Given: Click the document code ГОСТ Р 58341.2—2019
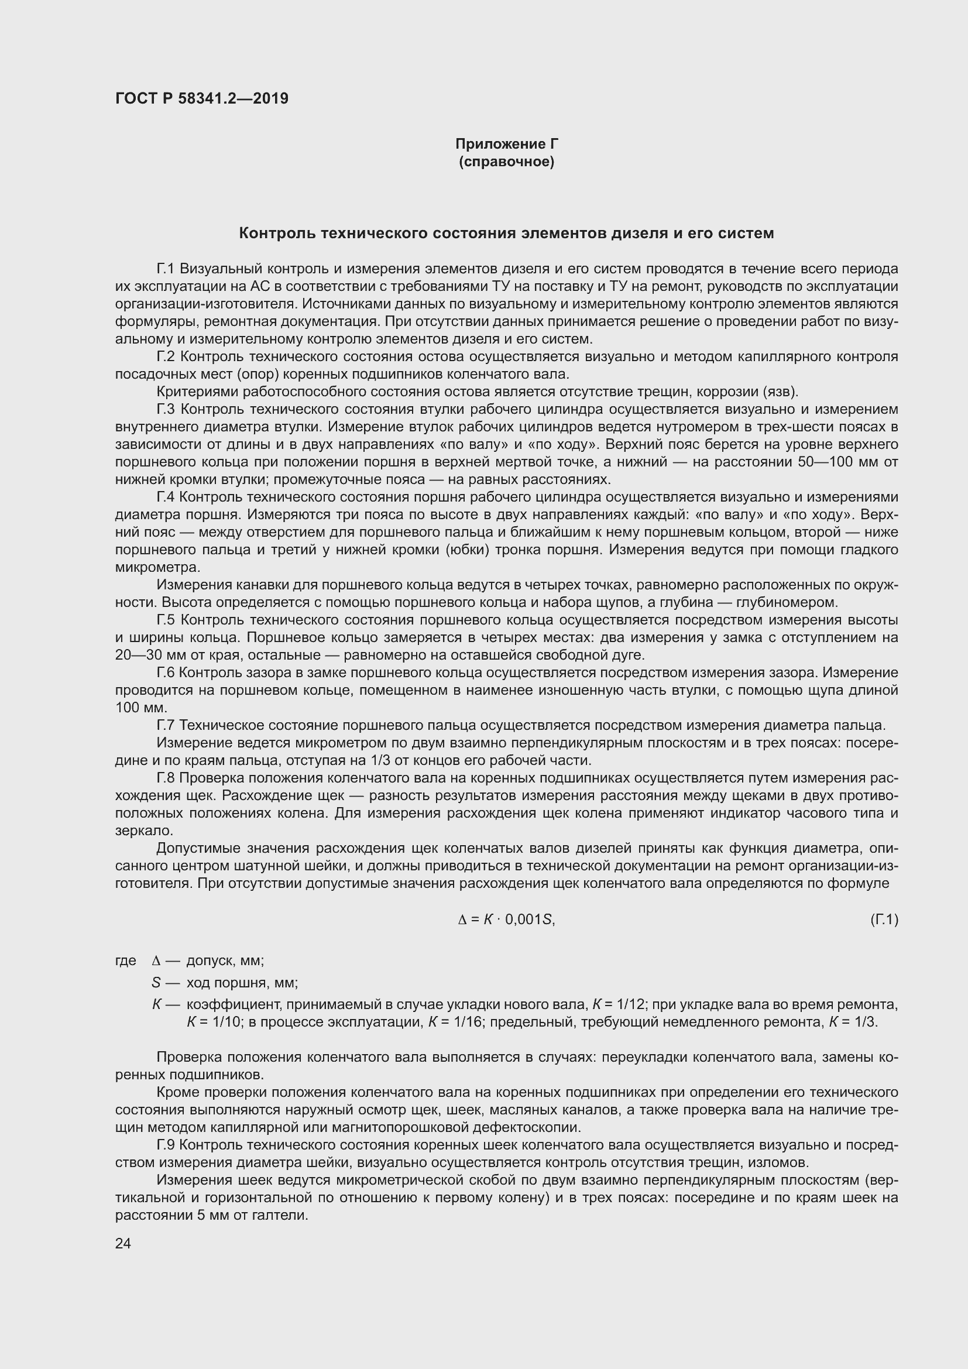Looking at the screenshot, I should point(201,99).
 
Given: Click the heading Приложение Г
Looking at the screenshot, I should point(507,144).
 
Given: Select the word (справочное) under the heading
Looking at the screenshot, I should point(507,162).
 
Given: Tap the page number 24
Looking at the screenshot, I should point(123,1243).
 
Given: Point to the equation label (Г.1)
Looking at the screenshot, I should point(884,920).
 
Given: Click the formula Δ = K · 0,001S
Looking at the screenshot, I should point(506,920).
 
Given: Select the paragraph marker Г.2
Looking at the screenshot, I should point(165,356).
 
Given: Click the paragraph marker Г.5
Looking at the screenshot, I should point(165,620).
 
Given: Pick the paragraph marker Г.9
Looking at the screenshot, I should point(165,1145).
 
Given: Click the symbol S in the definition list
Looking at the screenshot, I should point(157,983).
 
